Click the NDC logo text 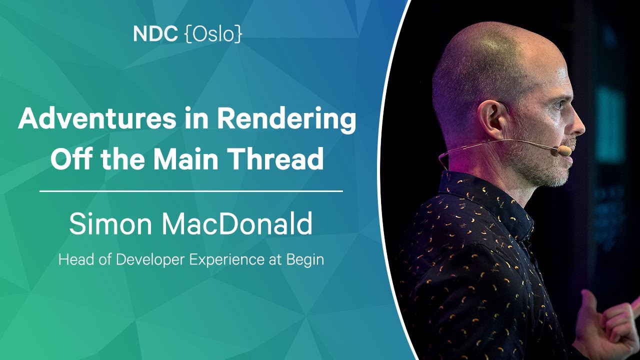pos(155,34)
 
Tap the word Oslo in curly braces pos(214,34)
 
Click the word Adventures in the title pos(97,118)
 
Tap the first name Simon pos(110,223)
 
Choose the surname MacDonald pos(237,223)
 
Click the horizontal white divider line pos(191,191)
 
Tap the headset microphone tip pos(564,150)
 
